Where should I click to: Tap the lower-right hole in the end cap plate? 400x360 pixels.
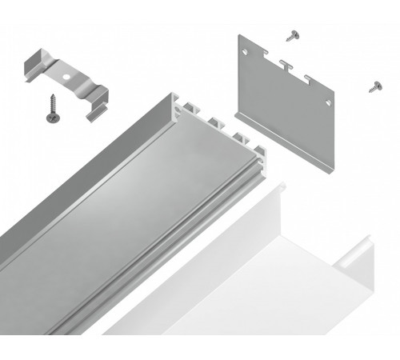click(328, 102)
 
